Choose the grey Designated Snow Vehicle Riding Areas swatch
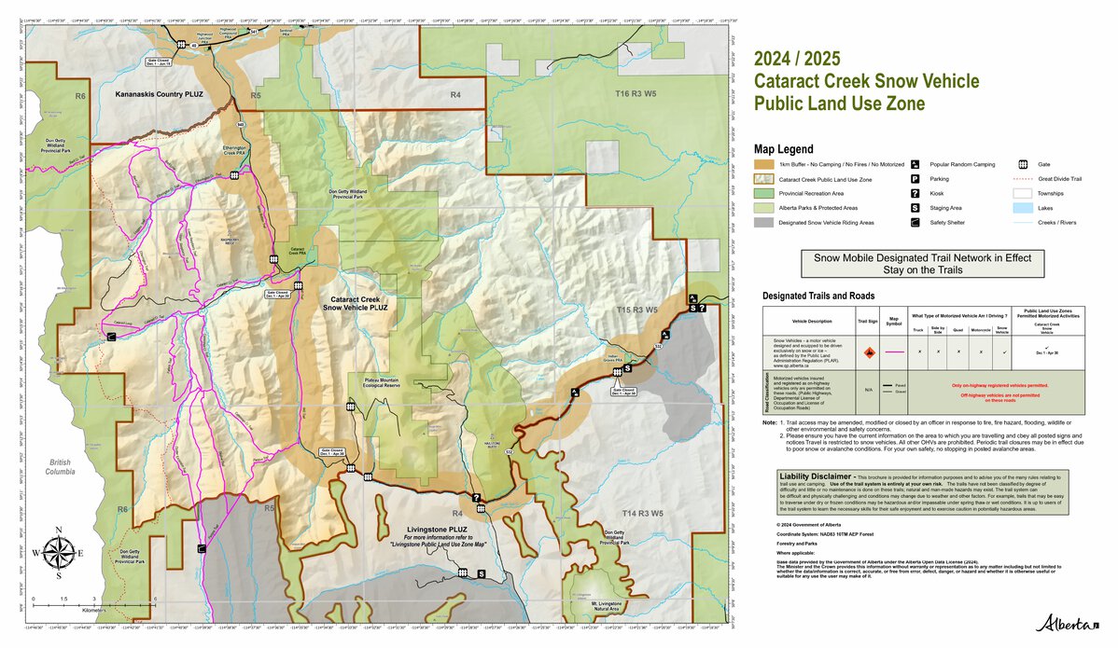tap(764, 223)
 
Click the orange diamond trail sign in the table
tap(868, 352)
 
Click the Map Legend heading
tap(783, 149)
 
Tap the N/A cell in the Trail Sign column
tap(868, 390)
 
